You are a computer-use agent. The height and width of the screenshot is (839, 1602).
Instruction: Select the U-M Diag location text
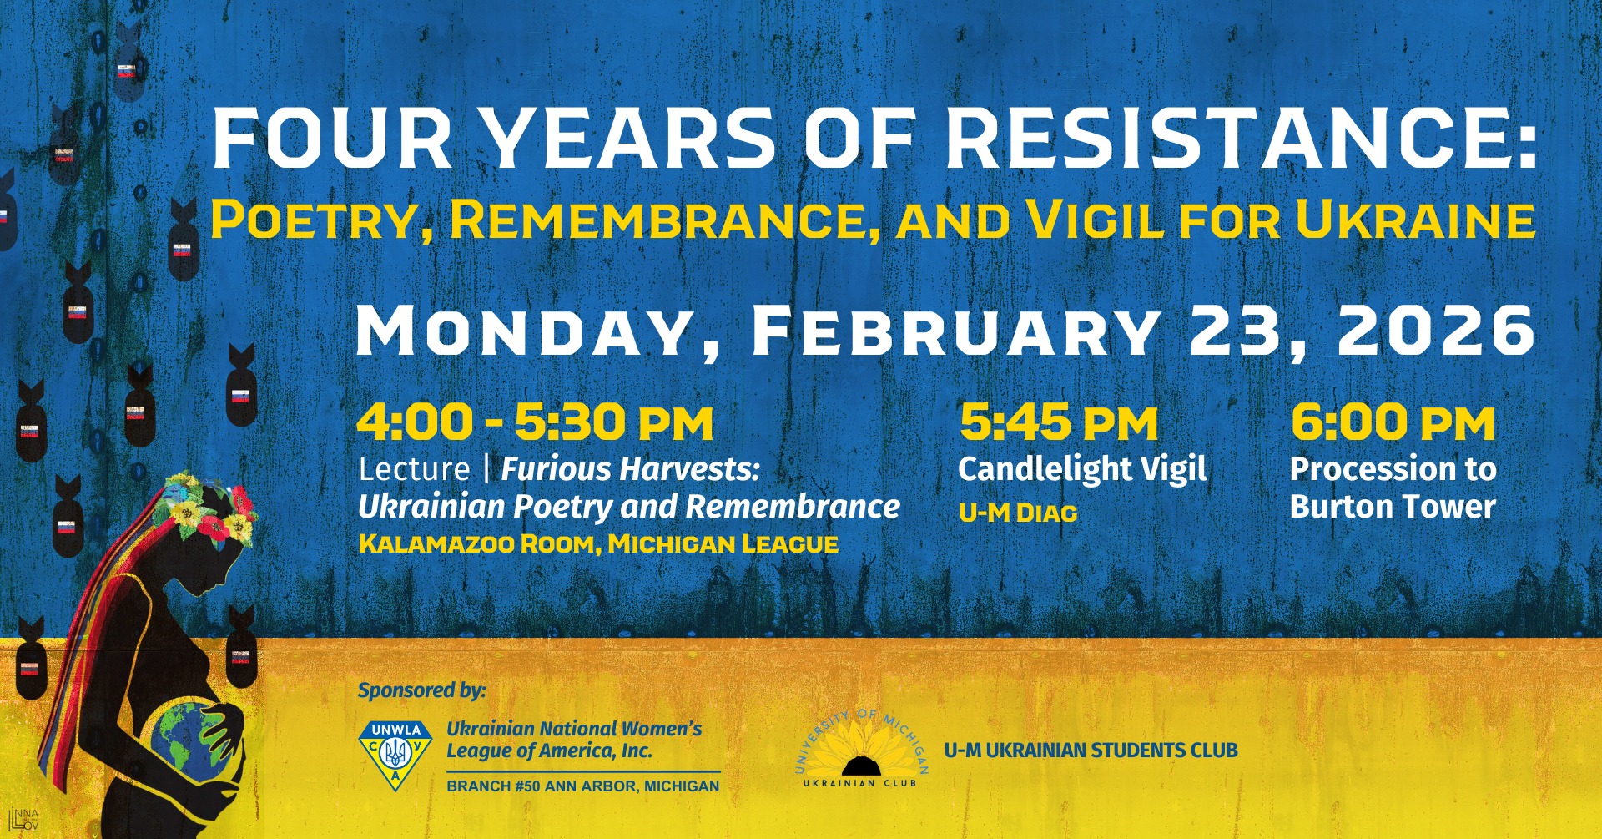(x=1018, y=513)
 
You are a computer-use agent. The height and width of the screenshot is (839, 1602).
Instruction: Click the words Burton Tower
(x=1393, y=507)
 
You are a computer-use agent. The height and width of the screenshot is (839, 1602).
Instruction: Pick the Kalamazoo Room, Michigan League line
(x=598, y=544)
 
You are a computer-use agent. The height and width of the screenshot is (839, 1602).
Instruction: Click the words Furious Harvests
(x=630, y=469)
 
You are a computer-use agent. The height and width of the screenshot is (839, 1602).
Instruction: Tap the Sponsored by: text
(x=421, y=690)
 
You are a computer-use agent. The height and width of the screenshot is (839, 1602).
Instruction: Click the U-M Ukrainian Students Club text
(x=1091, y=751)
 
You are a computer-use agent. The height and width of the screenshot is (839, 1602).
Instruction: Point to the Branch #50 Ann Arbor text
(x=582, y=786)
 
